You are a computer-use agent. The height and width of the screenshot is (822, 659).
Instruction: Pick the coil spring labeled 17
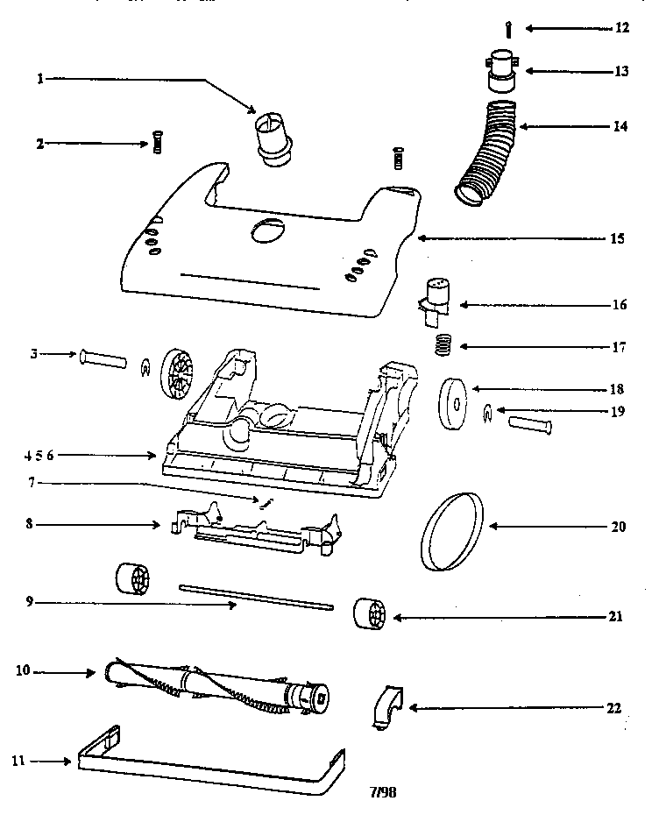tap(445, 345)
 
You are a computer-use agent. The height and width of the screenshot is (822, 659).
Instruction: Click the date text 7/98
tap(383, 792)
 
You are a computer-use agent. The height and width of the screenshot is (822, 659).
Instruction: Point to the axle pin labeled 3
tap(104, 359)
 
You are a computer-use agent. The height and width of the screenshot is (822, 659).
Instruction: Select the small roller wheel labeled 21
tap(369, 614)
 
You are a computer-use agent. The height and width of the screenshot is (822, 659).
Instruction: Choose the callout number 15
tap(619, 237)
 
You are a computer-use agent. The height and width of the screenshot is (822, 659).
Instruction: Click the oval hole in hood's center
tap(268, 231)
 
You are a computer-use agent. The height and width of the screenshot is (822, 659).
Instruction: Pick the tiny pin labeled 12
tap(508, 28)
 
